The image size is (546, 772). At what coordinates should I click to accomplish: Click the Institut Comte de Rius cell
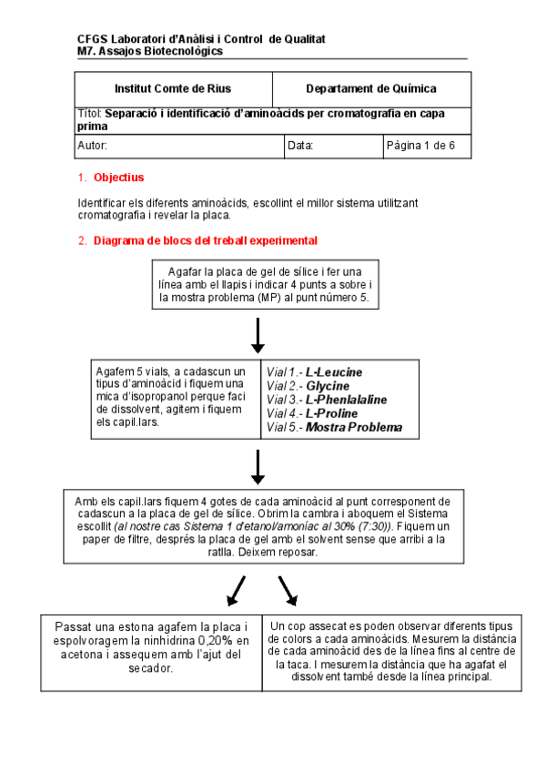[173, 89]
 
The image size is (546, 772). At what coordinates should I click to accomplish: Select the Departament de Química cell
[370, 89]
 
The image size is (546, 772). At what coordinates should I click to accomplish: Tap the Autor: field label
[93, 146]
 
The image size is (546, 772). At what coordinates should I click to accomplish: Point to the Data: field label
[300, 146]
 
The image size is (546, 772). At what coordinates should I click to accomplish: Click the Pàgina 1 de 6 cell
[427, 146]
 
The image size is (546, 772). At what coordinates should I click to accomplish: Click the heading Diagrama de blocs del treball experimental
[206, 241]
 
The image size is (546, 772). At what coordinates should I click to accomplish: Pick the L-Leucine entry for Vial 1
[334, 372]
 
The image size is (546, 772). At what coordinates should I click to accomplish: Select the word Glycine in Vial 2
[328, 386]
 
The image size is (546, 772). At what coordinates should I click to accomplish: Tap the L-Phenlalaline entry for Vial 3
[346, 400]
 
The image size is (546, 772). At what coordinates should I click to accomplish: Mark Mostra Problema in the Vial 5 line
[354, 427]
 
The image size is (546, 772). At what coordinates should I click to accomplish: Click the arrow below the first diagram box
[258, 335]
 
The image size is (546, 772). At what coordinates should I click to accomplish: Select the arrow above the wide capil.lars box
[258, 466]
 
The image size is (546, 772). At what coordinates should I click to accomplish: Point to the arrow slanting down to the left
[236, 591]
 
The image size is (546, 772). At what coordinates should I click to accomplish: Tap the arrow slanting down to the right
[288, 591]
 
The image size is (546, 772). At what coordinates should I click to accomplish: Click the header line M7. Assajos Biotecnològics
[150, 51]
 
